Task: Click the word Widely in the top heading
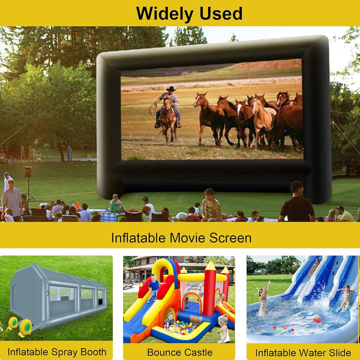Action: [165, 14]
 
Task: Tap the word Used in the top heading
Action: [221, 14]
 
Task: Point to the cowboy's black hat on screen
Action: [171, 89]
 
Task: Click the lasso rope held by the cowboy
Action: [153, 108]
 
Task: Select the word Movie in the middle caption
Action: [187, 238]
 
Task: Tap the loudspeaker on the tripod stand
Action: [28, 172]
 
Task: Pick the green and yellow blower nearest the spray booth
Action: [25, 328]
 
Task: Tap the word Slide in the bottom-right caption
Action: [340, 353]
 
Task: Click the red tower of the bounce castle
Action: [210, 292]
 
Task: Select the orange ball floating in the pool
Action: [317, 319]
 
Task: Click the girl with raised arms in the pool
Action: [264, 298]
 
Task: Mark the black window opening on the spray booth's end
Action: [100, 302]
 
